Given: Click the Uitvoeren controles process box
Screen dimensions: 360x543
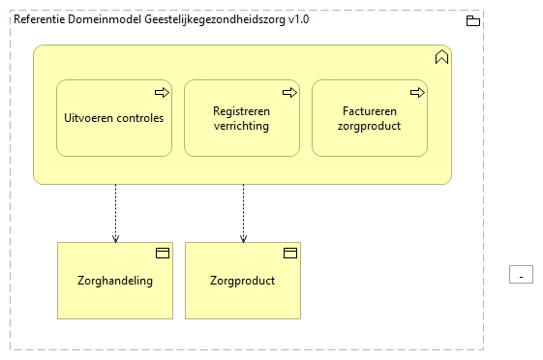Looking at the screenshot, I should click(114, 118).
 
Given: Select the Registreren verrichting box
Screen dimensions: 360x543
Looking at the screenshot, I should click(242, 118).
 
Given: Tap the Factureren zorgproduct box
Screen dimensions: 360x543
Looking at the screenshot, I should click(369, 118).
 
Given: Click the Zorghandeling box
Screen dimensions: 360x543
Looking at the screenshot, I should click(115, 281).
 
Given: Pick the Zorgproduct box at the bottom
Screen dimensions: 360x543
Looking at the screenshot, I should click(243, 281).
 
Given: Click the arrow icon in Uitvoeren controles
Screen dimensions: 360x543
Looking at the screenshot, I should click(162, 93).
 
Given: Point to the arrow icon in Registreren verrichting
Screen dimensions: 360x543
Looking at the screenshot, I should click(288, 93).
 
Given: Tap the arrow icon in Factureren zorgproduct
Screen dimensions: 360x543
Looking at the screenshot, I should click(417, 93).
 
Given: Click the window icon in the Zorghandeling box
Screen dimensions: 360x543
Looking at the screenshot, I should click(163, 254).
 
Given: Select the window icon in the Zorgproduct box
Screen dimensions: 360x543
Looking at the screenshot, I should click(289, 254).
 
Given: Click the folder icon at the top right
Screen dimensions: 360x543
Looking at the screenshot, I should click(473, 20).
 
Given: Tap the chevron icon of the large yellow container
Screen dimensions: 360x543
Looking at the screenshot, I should click(441, 57).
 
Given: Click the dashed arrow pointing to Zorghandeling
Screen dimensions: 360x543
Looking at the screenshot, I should click(115, 213).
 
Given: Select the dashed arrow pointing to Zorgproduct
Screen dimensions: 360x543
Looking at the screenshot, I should click(243, 213).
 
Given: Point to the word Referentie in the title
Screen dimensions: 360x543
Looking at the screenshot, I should click(40, 19).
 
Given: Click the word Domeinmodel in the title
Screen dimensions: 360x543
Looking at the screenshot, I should click(102, 19).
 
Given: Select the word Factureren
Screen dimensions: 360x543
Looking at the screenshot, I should click(370, 111).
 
